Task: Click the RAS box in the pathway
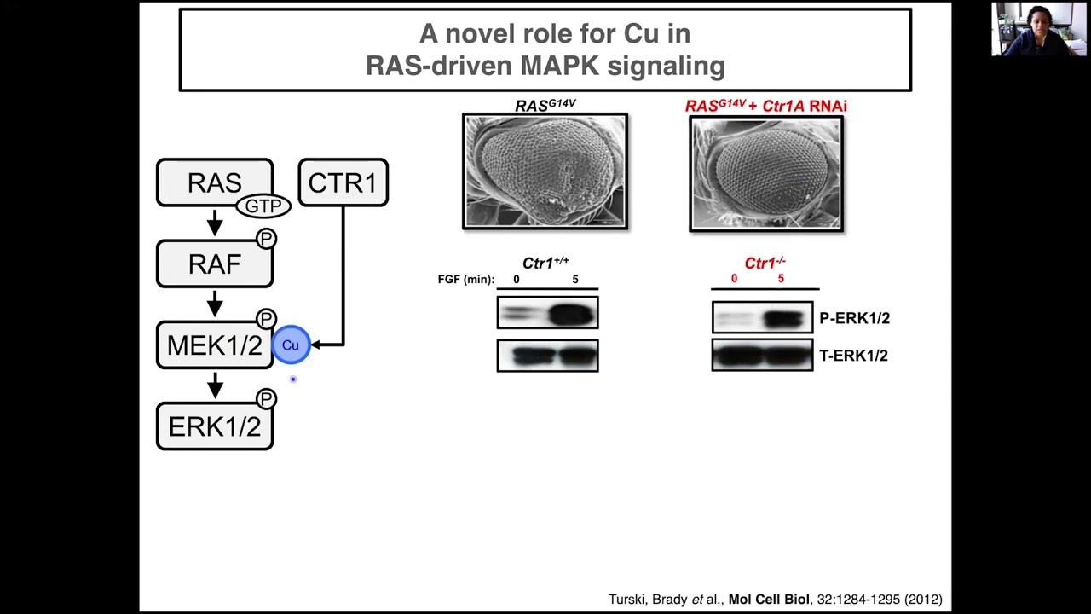coord(214,182)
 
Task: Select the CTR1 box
coord(343,182)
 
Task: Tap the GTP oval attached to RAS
coord(263,206)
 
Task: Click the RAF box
coord(214,264)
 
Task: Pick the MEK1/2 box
coord(214,345)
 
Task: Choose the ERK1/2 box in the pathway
coord(214,426)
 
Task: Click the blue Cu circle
coord(291,345)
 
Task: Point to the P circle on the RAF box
coord(267,239)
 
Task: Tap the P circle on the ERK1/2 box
coord(267,399)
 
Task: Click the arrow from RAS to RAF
coord(215,223)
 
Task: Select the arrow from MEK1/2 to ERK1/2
coord(215,385)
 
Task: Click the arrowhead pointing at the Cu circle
coord(315,345)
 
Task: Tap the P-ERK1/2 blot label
coord(854,318)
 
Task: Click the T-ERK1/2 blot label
coord(853,356)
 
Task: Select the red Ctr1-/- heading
coord(765,264)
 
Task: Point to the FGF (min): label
coord(466,280)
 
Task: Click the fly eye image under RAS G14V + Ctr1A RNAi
coord(766,173)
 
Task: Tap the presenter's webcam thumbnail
coord(1038,29)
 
